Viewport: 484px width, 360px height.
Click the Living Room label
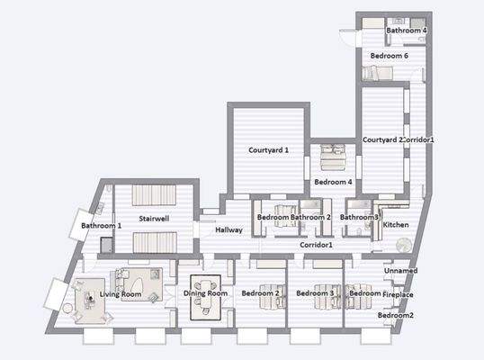[121, 293]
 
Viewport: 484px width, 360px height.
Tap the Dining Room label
[205, 293]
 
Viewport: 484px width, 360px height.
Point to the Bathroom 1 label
[101, 225]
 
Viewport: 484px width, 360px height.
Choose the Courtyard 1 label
[268, 149]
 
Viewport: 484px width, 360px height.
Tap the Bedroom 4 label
[333, 182]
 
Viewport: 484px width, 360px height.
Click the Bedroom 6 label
[390, 56]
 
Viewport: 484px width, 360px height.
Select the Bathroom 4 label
[406, 31]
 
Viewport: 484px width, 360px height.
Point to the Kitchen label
[396, 224]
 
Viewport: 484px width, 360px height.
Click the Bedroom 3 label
[316, 293]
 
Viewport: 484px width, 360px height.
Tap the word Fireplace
[398, 294]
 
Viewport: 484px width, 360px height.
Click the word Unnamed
[399, 270]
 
